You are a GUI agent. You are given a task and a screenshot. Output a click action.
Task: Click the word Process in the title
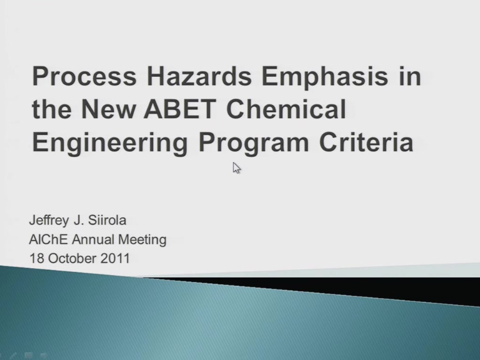(84, 76)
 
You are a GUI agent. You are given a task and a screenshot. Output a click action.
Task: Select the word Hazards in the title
(199, 76)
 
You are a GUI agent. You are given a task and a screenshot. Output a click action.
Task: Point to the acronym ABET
(180, 109)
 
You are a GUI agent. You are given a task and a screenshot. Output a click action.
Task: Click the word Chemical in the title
(286, 109)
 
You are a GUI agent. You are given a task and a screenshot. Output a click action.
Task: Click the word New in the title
(108, 109)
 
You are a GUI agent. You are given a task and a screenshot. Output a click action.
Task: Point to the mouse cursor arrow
(236, 168)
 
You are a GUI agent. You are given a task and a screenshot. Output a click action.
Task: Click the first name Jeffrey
(49, 220)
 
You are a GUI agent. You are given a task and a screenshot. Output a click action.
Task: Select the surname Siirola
(107, 220)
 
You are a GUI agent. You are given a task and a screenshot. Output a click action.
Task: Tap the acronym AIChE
(48, 240)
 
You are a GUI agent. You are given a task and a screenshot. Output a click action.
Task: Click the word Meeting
(142, 240)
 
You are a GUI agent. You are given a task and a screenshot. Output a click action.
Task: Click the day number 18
(37, 258)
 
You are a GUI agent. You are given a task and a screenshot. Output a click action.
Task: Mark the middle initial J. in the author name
(79, 220)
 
